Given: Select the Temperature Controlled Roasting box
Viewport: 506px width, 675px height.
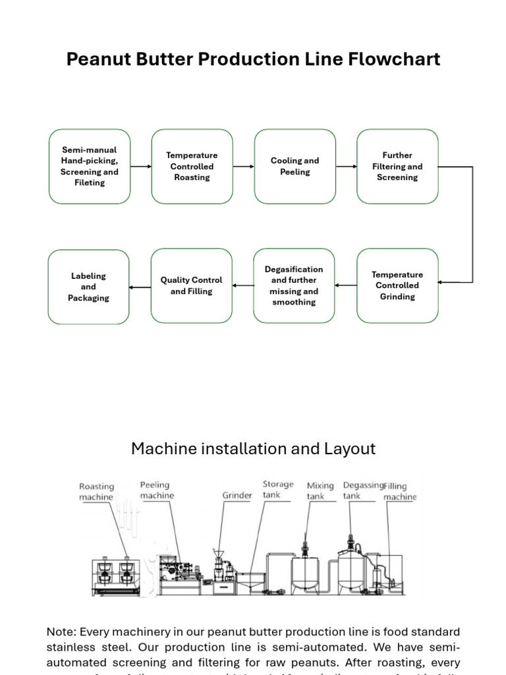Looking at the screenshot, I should pyautogui.click(x=192, y=166).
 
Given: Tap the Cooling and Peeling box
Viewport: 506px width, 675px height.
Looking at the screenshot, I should pyautogui.click(x=295, y=166).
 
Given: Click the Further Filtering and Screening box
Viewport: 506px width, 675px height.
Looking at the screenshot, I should pyautogui.click(x=397, y=166).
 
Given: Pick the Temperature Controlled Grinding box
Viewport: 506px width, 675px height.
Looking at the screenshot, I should pyautogui.click(x=397, y=285).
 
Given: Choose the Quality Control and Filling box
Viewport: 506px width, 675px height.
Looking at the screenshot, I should pyautogui.click(x=192, y=285).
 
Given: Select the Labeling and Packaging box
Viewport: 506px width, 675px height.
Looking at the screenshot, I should pyautogui.click(x=89, y=287).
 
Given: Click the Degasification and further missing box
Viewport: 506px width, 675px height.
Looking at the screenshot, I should pyautogui.click(x=295, y=285).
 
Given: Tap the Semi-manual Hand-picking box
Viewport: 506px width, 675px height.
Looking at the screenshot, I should pyautogui.click(x=90, y=166).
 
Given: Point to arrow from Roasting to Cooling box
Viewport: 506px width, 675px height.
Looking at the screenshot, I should pyautogui.click(x=243, y=166).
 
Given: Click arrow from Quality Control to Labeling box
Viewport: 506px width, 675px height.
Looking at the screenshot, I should pyautogui.click(x=140, y=287).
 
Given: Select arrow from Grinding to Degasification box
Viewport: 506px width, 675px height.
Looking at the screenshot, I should pyautogui.click(x=345, y=285).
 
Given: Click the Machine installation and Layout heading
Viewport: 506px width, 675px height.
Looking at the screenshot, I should pyautogui.click(x=253, y=449).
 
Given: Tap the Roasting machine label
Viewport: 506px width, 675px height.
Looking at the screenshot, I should pyautogui.click(x=96, y=492).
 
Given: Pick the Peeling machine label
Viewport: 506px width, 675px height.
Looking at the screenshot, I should pyautogui.click(x=157, y=490).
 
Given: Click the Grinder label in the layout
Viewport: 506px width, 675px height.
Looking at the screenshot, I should pyautogui.click(x=237, y=495).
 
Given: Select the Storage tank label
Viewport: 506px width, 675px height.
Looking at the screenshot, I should pyautogui.click(x=277, y=489).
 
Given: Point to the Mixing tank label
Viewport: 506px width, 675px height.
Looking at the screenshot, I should pyautogui.click(x=320, y=490).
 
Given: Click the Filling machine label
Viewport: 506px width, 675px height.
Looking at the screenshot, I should pyautogui.click(x=400, y=491).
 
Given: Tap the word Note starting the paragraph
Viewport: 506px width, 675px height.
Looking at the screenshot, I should pyautogui.click(x=61, y=632).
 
